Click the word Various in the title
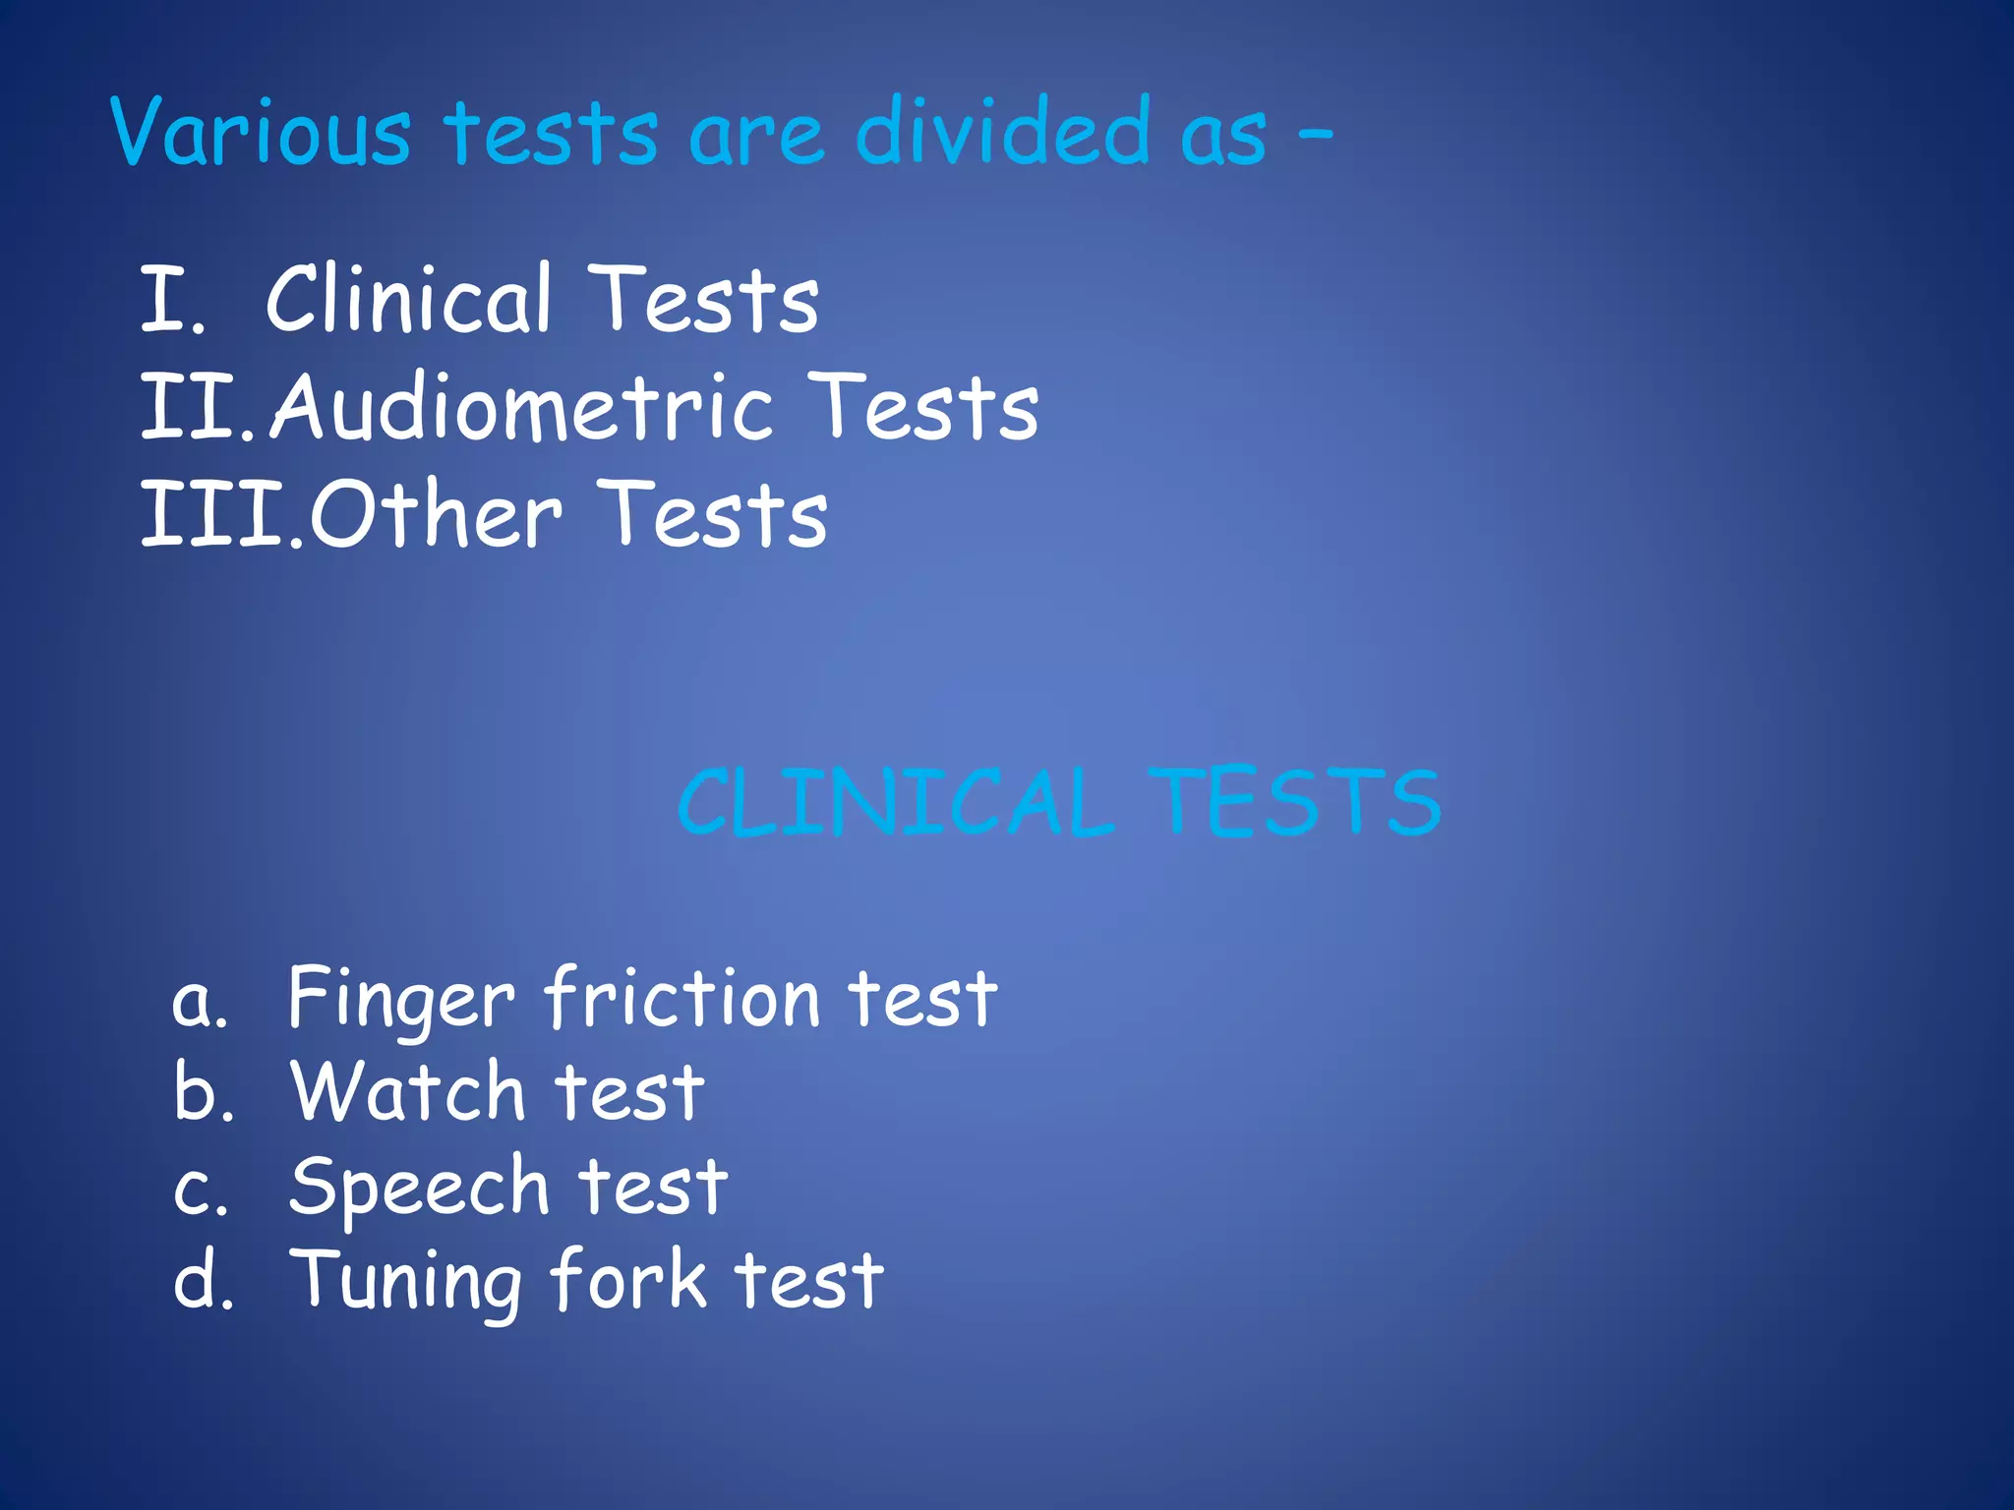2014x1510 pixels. [261, 132]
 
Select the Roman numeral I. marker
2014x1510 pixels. [173, 300]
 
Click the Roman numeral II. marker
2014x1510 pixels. [197, 407]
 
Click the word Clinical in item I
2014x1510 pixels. [408, 299]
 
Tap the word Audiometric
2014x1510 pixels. [521, 407]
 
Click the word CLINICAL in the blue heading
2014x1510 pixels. [896, 803]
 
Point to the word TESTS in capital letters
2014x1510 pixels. [1295, 803]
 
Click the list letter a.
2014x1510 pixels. [200, 1003]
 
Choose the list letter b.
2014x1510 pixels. [204, 1092]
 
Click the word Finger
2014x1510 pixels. [401, 1001]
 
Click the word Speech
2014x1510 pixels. [419, 1189]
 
